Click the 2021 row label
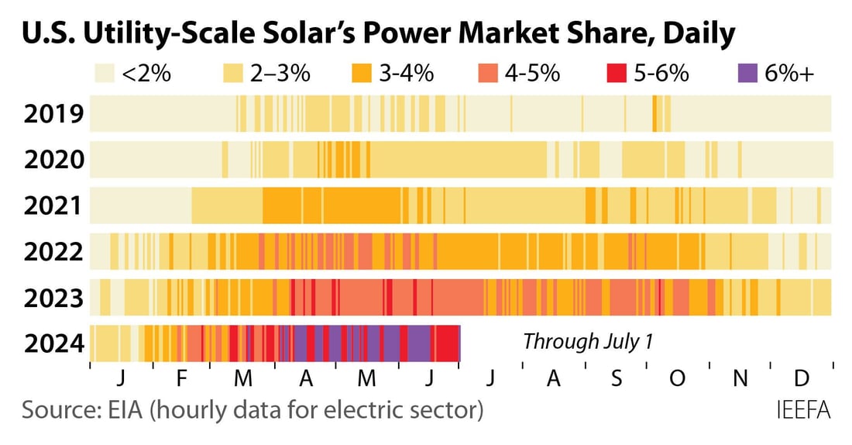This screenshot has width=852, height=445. click(53, 206)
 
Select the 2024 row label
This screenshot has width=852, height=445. click(53, 343)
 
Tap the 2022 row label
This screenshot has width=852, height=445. click(53, 252)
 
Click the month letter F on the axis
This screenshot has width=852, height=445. click(181, 379)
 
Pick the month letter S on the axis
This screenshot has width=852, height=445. click(616, 379)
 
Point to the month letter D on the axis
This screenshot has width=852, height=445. click(802, 379)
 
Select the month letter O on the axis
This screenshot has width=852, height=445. click(677, 379)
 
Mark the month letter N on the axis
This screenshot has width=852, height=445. click(740, 379)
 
